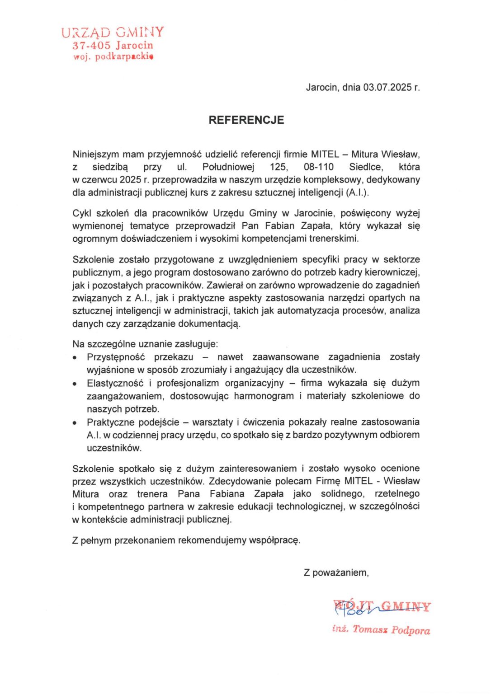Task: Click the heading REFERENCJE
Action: tap(246, 120)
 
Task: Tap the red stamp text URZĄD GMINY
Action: tap(113, 33)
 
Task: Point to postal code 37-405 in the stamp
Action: tap(91, 46)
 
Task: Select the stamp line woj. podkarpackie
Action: tap(113, 56)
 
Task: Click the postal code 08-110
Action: tap(319, 167)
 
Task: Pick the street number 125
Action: tap(278, 167)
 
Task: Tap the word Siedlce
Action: tap(366, 167)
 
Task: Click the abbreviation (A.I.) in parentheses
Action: tap(358, 192)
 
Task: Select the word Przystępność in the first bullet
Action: tap(116, 357)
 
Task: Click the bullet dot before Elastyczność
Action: tap(75, 384)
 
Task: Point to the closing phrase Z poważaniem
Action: tap(336, 572)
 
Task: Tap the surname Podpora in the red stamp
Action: tap(411, 630)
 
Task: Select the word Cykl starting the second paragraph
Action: tap(81, 213)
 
